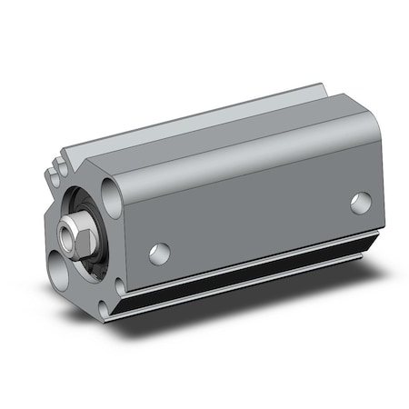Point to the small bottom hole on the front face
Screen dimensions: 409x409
pos(120,288)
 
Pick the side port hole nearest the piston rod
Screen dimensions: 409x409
pos(160,253)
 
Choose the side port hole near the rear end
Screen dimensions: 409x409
pos(361,203)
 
